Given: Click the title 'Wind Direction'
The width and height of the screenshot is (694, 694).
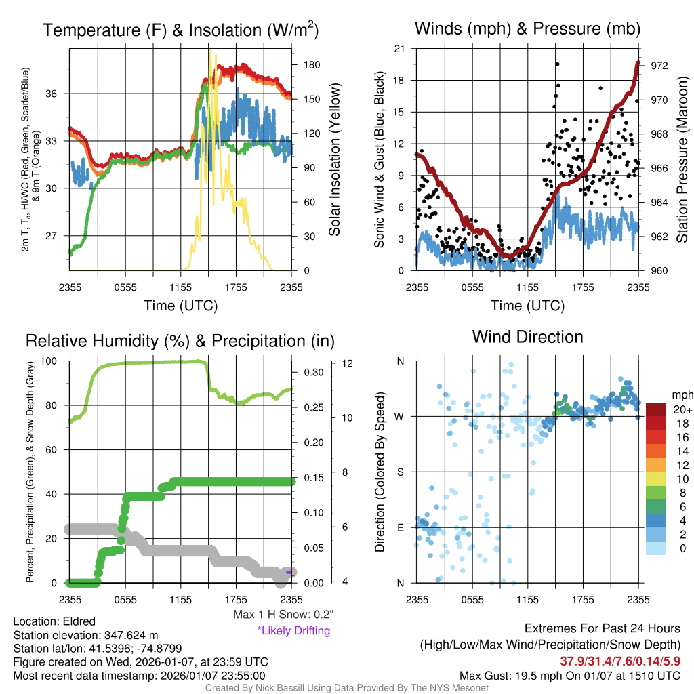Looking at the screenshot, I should point(527,337).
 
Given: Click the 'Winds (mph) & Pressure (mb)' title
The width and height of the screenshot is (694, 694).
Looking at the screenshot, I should point(527,28).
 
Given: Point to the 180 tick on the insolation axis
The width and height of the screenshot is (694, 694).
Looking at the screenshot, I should point(312,65).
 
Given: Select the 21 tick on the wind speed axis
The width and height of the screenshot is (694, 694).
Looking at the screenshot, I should point(400,49).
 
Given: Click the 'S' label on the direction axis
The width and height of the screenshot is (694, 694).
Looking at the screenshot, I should point(401,472).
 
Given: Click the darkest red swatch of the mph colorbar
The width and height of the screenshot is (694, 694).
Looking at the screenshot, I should point(656,409).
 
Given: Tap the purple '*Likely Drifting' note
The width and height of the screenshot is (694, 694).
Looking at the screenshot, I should point(293,631).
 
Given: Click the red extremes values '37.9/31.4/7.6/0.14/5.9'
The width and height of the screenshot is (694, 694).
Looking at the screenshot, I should point(619,661).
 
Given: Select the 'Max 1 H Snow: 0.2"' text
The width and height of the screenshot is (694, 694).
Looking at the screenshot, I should point(281,615).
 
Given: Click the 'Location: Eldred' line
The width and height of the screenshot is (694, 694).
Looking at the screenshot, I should point(54,621).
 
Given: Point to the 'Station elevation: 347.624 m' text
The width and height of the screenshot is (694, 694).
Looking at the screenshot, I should point(85,635).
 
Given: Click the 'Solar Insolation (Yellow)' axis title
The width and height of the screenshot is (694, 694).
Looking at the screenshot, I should point(334,160).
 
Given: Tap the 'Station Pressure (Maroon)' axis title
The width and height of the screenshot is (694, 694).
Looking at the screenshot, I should point(682,160).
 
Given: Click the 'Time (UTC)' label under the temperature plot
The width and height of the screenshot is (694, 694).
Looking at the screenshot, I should point(180,306).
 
